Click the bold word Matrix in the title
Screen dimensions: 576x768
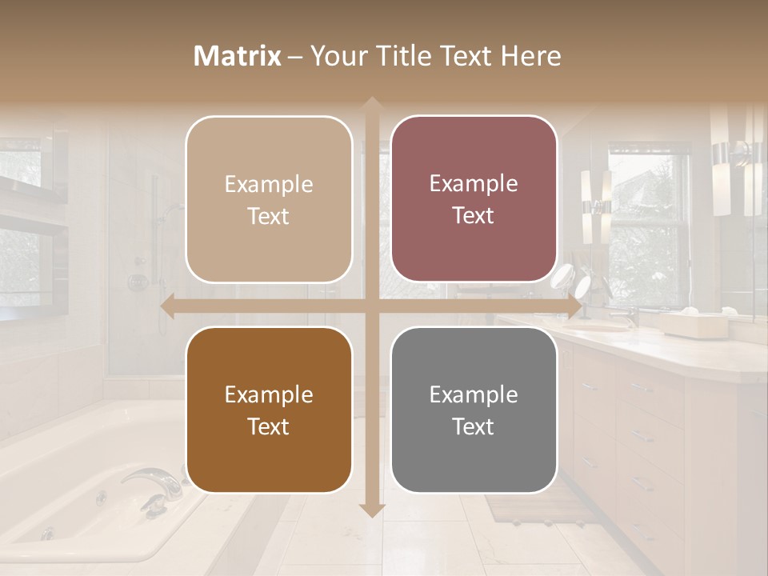[238, 56]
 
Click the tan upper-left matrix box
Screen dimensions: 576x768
[269, 199]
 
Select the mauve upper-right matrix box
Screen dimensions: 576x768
[474, 198]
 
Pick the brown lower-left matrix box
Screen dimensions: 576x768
[269, 410]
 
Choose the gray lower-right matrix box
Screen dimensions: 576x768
[474, 410]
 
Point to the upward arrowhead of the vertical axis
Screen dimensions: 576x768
[371, 105]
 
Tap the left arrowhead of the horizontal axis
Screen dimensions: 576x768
[167, 306]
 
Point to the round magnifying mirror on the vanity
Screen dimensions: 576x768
[582, 284]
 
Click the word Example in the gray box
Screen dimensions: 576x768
[474, 394]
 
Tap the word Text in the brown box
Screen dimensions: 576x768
[269, 426]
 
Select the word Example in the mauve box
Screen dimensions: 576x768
[474, 183]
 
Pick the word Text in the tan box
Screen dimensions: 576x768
[269, 216]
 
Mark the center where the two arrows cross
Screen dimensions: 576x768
[371, 306]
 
